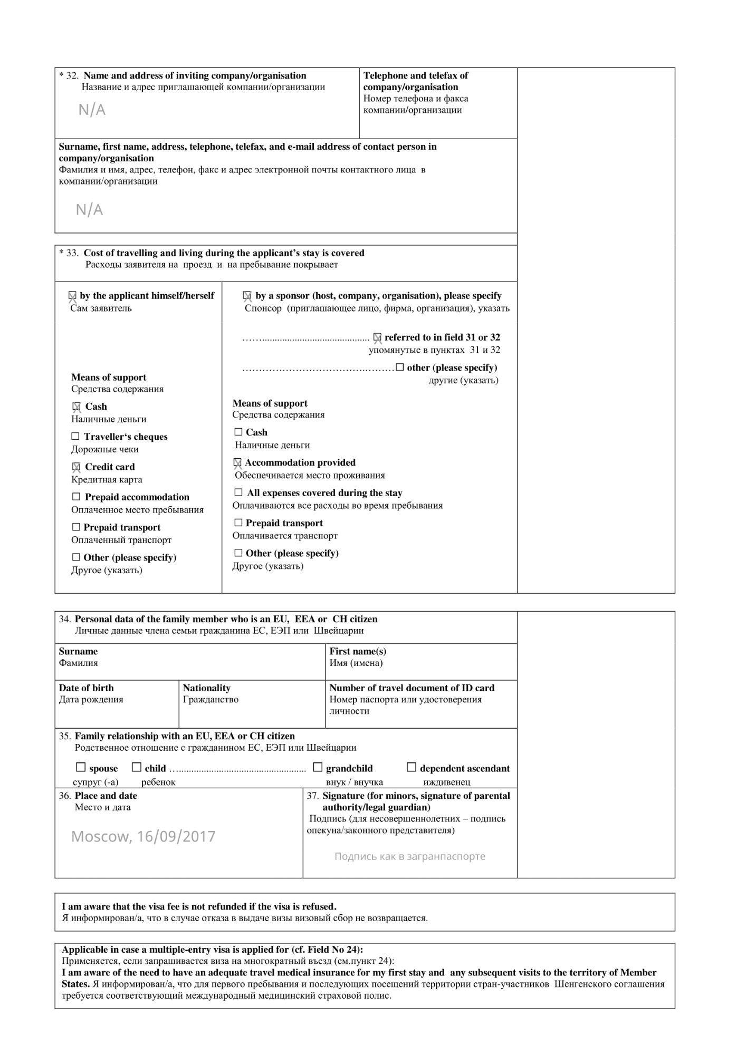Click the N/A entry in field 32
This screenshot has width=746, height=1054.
[92, 110]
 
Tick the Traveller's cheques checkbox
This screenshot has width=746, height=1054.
[75, 436]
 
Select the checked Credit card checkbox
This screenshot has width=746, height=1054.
[76, 467]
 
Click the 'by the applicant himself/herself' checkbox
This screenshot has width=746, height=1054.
[72, 296]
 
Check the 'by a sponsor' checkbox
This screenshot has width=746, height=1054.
[247, 296]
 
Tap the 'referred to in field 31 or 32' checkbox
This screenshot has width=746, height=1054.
[377, 337]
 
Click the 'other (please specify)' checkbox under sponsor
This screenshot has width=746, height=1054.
[400, 367]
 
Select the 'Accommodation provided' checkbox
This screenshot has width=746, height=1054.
[238, 462]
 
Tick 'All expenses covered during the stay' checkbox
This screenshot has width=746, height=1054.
[238, 492]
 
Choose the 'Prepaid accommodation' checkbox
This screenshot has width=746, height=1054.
[76, 497]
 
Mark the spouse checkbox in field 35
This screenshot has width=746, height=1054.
[81, 767]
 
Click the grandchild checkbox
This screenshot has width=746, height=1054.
[318, 767]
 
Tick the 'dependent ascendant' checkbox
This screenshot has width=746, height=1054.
[412, 767]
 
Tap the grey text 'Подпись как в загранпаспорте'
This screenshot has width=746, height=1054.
[409, 856]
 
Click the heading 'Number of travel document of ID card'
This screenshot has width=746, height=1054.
[412, 688]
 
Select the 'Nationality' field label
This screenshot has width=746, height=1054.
[206, 688]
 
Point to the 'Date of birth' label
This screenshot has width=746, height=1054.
[86, 688]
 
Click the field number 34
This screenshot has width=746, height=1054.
[64, 619]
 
